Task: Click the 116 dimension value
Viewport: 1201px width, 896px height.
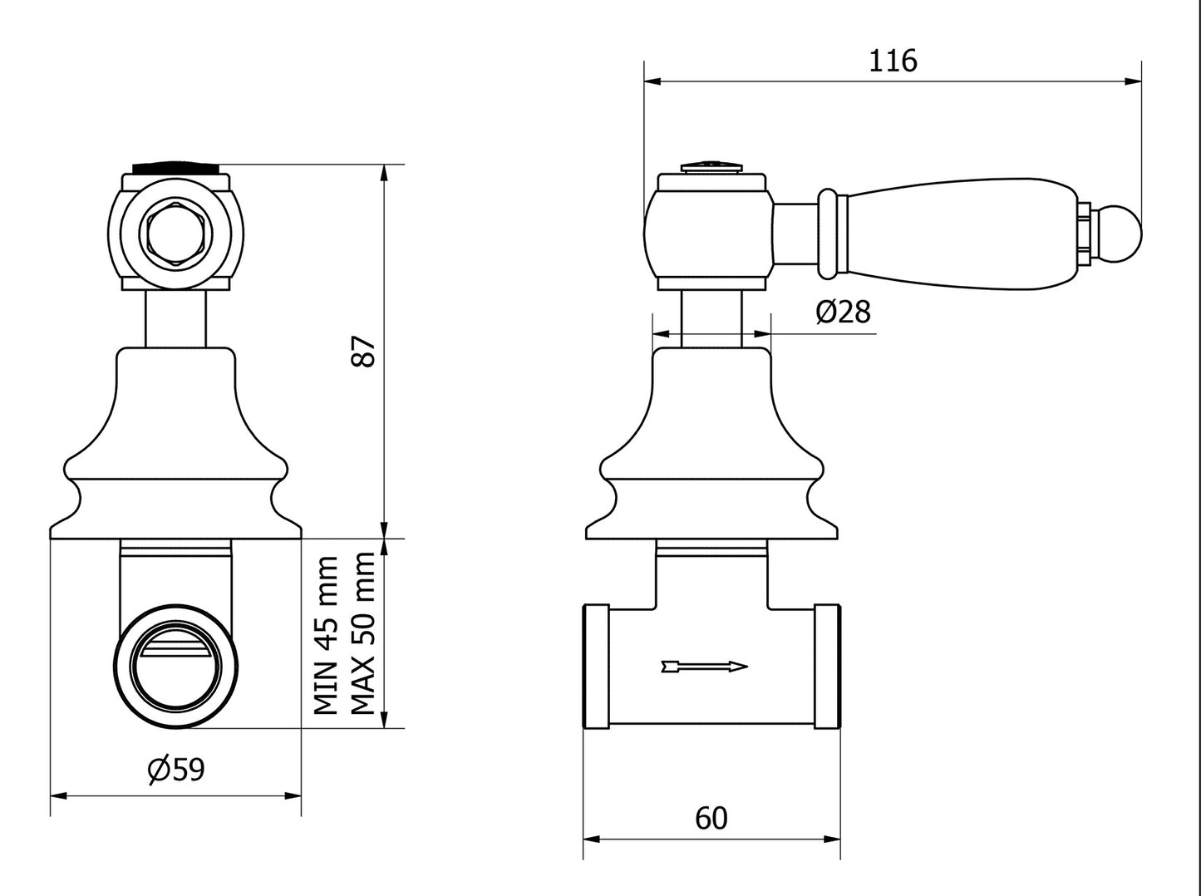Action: pos(893,62)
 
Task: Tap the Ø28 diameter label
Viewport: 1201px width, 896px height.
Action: pos(843,312)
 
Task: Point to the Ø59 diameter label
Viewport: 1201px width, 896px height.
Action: pos(175,769)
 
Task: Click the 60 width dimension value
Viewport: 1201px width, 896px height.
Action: pos(711,819)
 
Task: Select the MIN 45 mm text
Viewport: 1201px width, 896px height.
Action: pos(327,635)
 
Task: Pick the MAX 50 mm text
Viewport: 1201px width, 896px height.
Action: pos(363,635)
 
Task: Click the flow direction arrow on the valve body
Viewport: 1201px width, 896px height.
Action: pos(704,666)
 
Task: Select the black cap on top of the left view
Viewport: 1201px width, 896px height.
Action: pos(175,166)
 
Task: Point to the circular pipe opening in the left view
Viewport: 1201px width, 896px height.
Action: pos(175,667)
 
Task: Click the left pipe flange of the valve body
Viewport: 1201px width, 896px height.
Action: pos(597,667)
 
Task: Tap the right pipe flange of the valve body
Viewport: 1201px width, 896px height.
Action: pos(827,667)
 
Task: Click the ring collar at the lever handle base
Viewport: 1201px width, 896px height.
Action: pos(828,234)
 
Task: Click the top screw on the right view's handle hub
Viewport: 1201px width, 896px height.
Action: pos(711,166)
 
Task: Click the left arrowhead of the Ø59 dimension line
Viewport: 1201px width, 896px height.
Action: pos(57,795)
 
